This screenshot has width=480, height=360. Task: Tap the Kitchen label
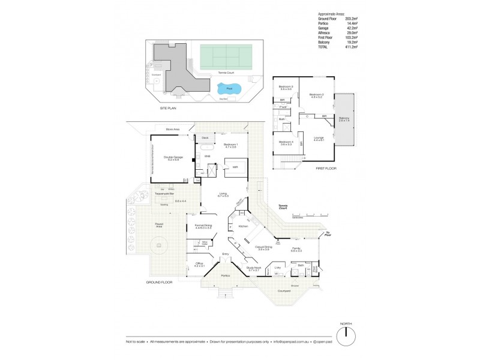click(x=243, y=226)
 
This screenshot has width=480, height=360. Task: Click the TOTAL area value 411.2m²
click(x=351, y=46)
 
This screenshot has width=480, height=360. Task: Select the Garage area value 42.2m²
click(x=351, y=28)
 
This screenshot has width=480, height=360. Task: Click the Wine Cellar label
click(x=205, y=243)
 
